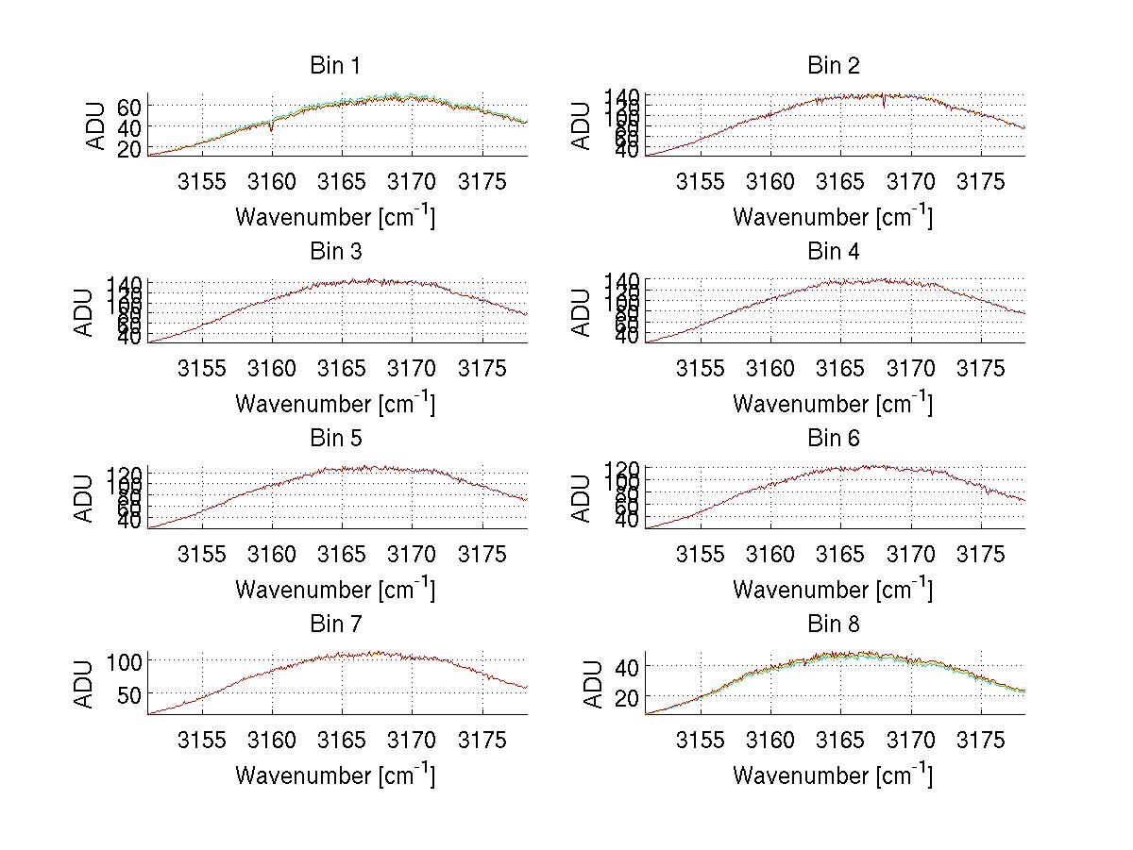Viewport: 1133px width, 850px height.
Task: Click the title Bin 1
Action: tap(335, 66)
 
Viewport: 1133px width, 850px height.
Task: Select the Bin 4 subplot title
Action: tap(833, 252)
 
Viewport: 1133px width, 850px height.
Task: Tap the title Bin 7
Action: tap(335, 625)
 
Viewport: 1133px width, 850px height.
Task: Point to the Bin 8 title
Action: tap(833, 625)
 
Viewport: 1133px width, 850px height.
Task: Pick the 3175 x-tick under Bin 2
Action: tap(981, 181)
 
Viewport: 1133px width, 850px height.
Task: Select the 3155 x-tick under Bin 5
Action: tap(202, 554)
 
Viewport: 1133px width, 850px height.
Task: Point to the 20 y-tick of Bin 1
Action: tap(129, 149)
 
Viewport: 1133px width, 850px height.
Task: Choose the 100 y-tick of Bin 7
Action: tap(124, 660)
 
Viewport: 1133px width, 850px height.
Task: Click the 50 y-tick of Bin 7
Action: tap(129, 694)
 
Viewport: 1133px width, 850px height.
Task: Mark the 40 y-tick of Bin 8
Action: tap(627, 666)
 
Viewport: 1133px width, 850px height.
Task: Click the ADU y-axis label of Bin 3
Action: tap(85, 311)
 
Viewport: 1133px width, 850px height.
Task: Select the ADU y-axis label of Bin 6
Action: tap(583, 498)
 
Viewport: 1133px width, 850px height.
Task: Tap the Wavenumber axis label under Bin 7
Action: tap(335, 775)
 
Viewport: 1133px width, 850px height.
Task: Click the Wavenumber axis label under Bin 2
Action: tap(833, 216)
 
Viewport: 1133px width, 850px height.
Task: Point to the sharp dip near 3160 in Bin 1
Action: tap(272, 131)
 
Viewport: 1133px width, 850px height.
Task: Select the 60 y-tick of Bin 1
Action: tap(129, 106)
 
